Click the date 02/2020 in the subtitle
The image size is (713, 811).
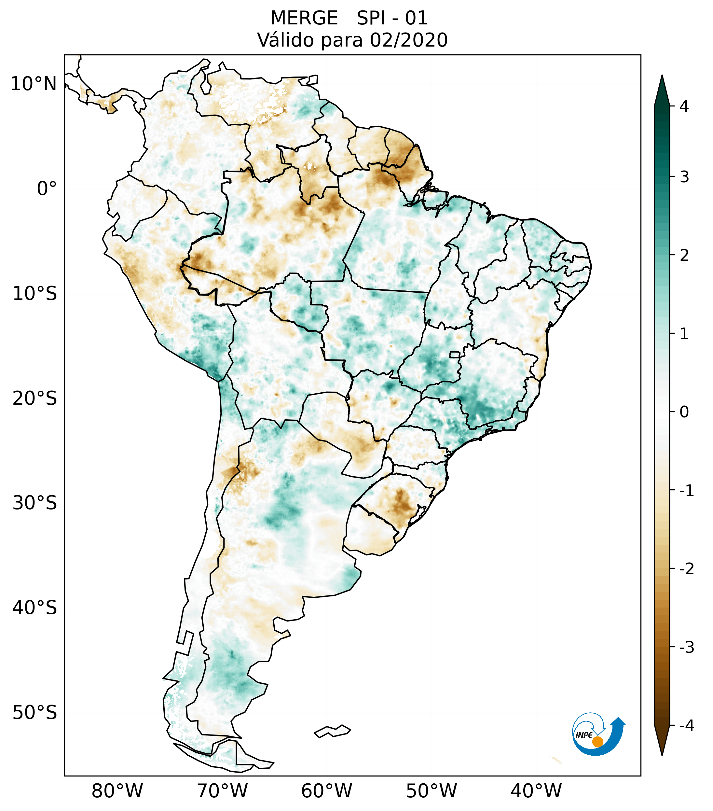[x=408, y=40]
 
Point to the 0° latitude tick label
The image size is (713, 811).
[x=47, y=189]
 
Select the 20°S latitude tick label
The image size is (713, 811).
[x=35, y=399]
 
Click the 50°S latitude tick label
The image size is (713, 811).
[x=35, y=713]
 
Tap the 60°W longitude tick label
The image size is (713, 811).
[x=326, y=791]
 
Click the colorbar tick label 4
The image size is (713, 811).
[x=684, y=106]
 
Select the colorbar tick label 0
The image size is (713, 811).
[x=684, y=412]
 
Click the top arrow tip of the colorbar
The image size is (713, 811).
[x=662, y=77]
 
